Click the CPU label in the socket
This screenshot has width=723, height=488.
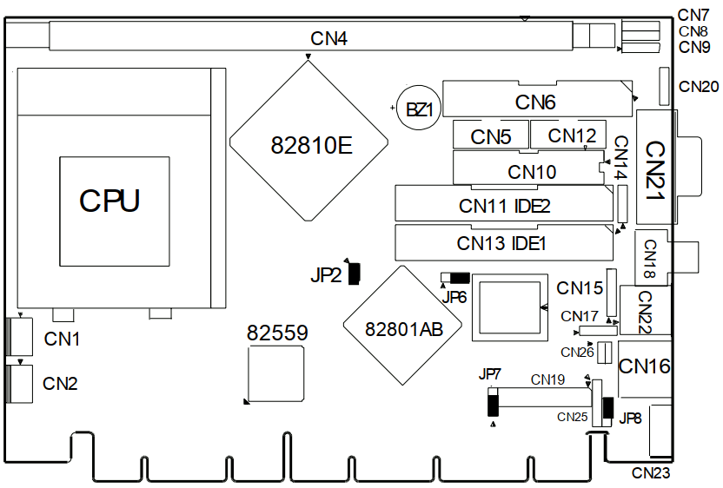point(109,201)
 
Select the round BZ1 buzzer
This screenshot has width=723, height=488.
point(419,108)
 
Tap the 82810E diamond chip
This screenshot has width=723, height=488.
point(308,141)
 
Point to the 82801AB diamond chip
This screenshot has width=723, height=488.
point(402,326)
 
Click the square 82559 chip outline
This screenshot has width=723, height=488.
point(275,374)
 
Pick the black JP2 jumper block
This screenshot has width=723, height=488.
point(354,274)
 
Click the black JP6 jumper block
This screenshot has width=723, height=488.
point(460,278)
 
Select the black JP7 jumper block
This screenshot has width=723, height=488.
point(494,405)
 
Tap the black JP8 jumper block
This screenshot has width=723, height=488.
point(607,408)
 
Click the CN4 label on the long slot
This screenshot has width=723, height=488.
point(328,39)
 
